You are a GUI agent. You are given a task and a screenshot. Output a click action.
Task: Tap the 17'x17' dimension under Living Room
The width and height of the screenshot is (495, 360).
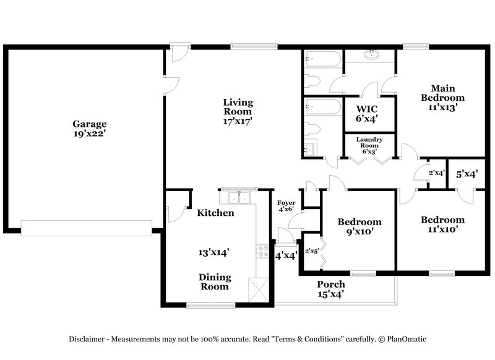tap(238, 122)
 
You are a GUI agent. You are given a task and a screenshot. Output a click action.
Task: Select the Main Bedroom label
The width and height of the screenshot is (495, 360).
tap(442, 92)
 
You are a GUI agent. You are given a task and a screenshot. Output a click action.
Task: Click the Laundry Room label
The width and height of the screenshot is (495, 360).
tap(369, 142)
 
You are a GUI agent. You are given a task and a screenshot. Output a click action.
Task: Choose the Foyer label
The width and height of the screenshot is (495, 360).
tap(286, 202)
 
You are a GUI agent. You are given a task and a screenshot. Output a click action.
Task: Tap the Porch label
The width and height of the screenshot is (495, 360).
tap(330, 284)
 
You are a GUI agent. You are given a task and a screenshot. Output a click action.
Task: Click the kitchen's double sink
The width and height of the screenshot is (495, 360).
tap(238, 197)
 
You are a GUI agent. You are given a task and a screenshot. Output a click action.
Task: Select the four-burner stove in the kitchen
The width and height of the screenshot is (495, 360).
tap(260, 253)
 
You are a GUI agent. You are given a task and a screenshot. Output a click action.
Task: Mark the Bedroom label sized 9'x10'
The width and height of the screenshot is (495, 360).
tap(359, 222)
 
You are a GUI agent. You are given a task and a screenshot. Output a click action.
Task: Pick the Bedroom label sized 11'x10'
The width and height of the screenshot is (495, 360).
tap(442, 220)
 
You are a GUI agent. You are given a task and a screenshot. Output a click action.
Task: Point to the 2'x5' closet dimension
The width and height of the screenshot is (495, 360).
tap(311, 251)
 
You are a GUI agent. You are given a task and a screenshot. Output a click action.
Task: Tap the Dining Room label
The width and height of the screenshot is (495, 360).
tap(215, 281)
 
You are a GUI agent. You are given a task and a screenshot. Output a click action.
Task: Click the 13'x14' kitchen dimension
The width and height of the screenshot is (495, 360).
tap(213, 252)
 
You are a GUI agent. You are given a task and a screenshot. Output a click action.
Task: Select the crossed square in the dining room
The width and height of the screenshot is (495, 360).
tap(257, 288)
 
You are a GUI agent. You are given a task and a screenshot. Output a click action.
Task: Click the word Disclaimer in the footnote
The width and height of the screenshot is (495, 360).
tap(89, 339)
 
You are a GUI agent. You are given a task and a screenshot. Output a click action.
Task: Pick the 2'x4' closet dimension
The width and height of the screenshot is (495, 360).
tap(436, 173)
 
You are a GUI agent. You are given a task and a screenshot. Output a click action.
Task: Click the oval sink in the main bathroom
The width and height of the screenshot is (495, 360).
tap(371, 54)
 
